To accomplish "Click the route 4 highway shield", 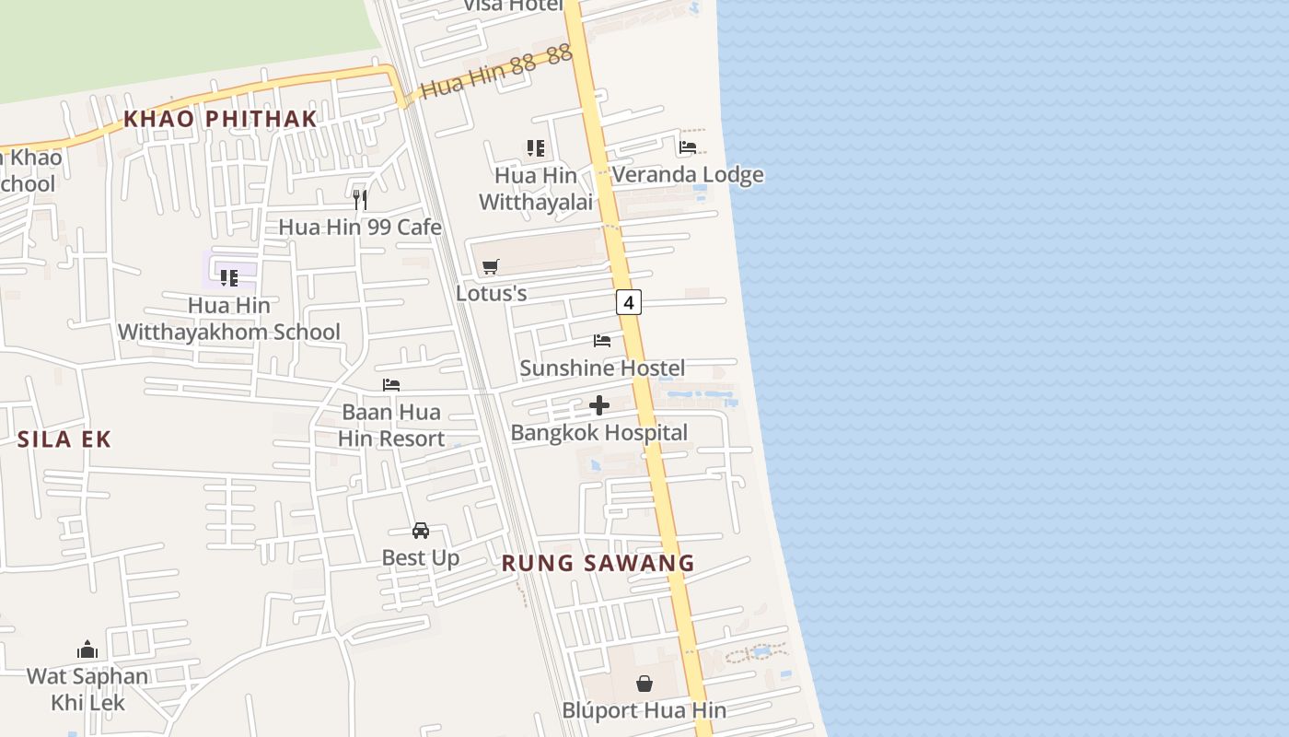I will [x=629, y=302].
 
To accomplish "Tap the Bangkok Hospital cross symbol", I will [x=599, y=405].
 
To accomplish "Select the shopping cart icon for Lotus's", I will [x=491, y=266].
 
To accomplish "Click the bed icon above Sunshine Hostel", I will [x=602, y=341].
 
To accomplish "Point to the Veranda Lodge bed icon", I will [x=688, y=147].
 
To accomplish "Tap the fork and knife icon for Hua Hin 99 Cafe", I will [x=361, y=199].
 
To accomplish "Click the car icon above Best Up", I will [x=421, y=531].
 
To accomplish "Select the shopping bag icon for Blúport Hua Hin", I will [x=644, y=684].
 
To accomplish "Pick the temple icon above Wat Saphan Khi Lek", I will [x=87, y=649].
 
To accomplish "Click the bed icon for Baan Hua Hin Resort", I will [x=391, y=385].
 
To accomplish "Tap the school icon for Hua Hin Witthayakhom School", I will [x=229, y=277].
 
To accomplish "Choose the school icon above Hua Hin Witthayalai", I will [x=536, y=148].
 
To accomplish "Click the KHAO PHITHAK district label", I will [x=220, y=119].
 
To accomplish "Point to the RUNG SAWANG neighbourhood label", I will [x=598, y=563].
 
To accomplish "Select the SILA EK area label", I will [x=64, y=439].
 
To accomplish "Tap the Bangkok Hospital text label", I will [x=599, y=433].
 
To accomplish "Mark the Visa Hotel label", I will [x=512, y=6].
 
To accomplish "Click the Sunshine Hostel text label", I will [x=602, y=368].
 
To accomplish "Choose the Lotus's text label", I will [x=492, y=293].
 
